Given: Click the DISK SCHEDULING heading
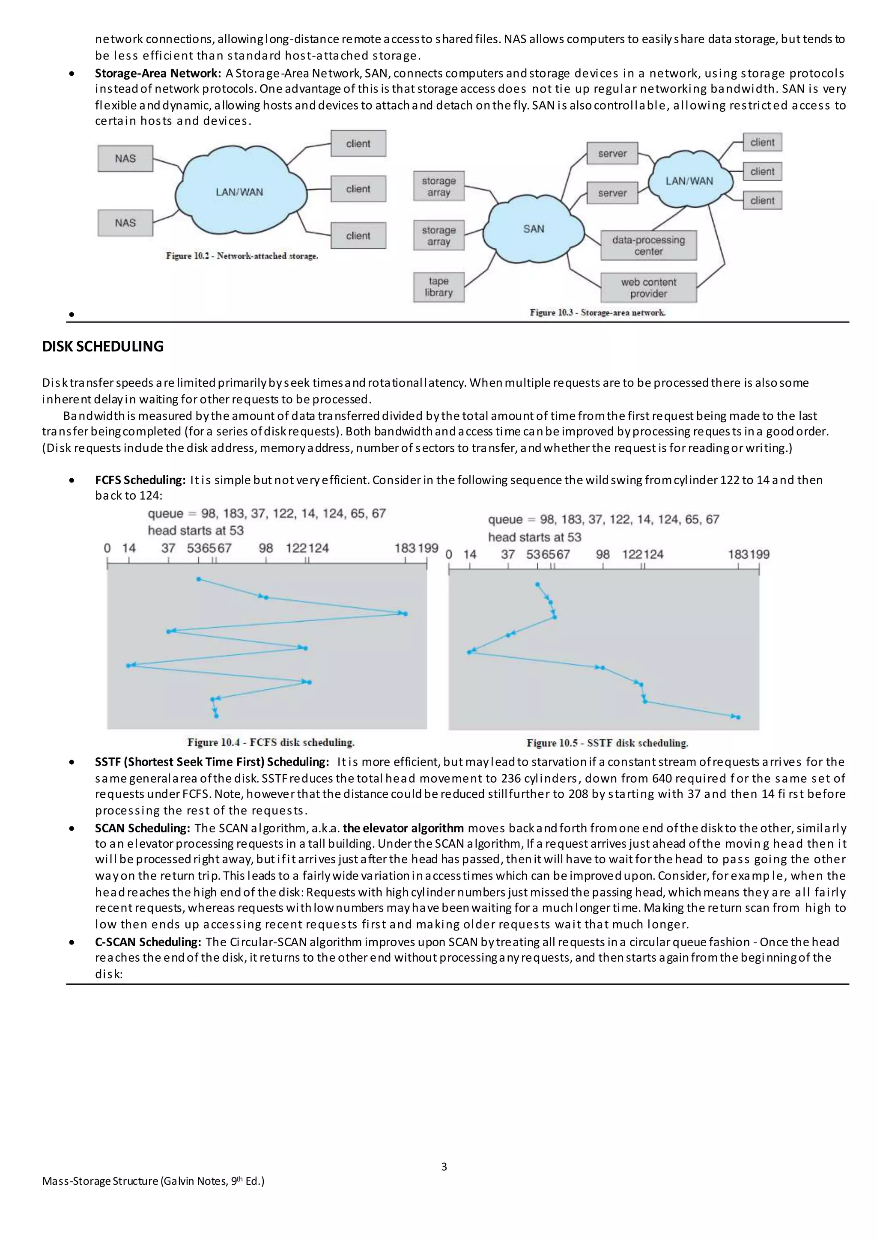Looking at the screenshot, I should point(103,346).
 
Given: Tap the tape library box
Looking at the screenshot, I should point(438,287).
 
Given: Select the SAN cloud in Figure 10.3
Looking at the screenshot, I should point(534,229).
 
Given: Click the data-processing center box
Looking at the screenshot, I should point(648,245).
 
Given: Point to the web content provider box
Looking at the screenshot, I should point(648,287).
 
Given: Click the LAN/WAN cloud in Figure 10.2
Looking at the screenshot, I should point(240,192).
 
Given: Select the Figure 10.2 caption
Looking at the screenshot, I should point(242,256).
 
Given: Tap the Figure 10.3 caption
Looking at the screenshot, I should point(597,312).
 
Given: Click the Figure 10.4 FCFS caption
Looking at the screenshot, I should point(271,742).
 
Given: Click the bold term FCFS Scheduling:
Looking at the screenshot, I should point(140,480).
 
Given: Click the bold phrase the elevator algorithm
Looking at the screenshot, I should point(403,828).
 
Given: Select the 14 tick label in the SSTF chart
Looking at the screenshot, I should point(470,554).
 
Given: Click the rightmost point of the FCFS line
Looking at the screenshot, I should point(406,614).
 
